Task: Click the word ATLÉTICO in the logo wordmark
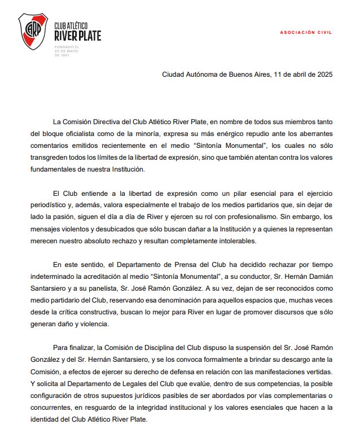pos(80,27)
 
